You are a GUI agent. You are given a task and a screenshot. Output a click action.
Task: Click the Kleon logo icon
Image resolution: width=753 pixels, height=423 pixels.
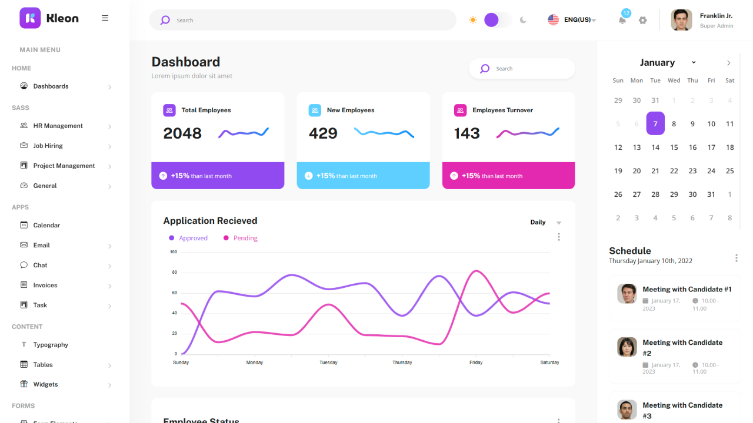(x=30, y=18)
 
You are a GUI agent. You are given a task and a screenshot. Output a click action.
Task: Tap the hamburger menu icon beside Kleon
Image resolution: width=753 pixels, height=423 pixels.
(x=105, y=18)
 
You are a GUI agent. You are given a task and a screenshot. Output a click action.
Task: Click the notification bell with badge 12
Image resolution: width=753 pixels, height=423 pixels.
(x=622, y=20)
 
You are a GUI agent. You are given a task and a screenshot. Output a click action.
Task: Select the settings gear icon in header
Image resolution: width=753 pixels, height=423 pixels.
(x=642, y=20)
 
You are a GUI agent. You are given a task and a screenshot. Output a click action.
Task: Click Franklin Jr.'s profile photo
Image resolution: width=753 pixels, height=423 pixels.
(x=681, y=20)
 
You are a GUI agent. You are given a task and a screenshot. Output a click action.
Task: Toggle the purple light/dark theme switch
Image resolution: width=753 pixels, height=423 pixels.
(x=498, y=20)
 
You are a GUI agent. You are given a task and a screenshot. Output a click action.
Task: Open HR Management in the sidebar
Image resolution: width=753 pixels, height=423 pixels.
(x=58, y=126)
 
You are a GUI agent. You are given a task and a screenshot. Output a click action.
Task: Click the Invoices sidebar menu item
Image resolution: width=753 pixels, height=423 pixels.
(x=45, y=285)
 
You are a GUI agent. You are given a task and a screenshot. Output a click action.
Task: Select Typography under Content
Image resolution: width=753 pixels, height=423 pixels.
(x=51, y=345)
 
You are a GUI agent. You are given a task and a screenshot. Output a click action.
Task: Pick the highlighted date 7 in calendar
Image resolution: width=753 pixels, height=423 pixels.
(x=655, y=124)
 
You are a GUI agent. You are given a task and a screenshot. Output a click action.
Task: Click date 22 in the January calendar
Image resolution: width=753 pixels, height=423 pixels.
(x=674, y=171)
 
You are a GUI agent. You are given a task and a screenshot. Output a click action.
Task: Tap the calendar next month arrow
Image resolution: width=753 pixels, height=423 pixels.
(x=729, y=63)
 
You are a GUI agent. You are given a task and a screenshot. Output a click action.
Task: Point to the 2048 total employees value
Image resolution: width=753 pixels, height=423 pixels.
(x=182, y=133)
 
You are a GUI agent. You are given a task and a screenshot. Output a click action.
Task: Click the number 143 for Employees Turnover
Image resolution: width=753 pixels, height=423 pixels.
(x=467, y=133)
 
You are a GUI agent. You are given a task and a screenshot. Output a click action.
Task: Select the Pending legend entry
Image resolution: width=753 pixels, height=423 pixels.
(x=245, y=238)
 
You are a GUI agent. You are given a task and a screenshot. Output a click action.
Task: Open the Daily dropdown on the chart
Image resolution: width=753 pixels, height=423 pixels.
(x=545, y=223)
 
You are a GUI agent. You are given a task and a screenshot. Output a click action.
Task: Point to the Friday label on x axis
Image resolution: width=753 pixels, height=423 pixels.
(x=476, y=362)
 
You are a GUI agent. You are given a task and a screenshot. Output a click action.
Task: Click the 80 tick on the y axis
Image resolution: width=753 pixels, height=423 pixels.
(x=175, y=273)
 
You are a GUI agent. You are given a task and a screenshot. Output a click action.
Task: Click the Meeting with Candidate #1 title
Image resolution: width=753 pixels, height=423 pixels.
(x=687, y=289)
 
